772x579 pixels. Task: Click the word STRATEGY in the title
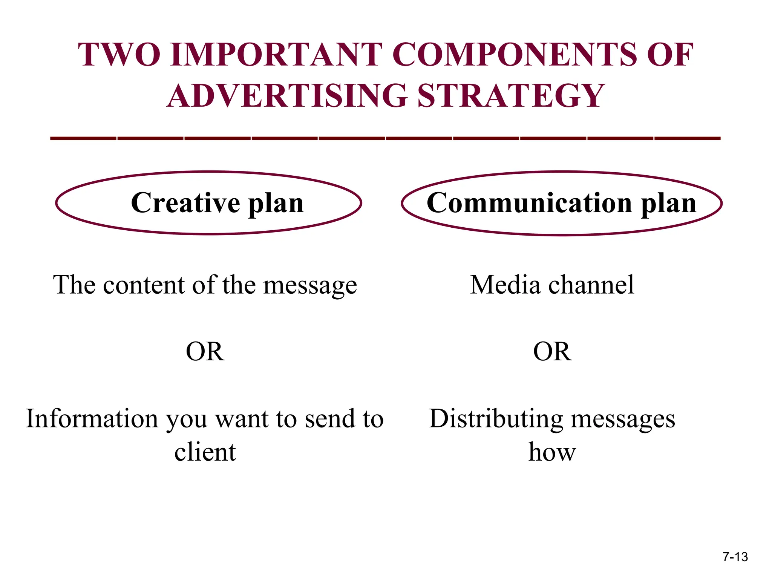[511, 96]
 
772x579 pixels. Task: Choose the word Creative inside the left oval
[185, 203]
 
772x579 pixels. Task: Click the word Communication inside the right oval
[529, 203]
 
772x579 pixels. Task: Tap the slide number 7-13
[735, 557]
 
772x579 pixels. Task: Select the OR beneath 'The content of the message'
[205, 351]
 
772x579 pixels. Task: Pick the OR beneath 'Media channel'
[552, 351]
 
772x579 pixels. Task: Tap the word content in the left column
[144, 285]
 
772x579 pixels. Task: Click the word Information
[92, 418]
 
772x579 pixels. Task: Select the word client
[205, 452]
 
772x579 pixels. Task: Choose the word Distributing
[496, 419]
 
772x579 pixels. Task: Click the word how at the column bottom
[552, 452]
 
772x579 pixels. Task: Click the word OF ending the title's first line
[670, 55]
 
